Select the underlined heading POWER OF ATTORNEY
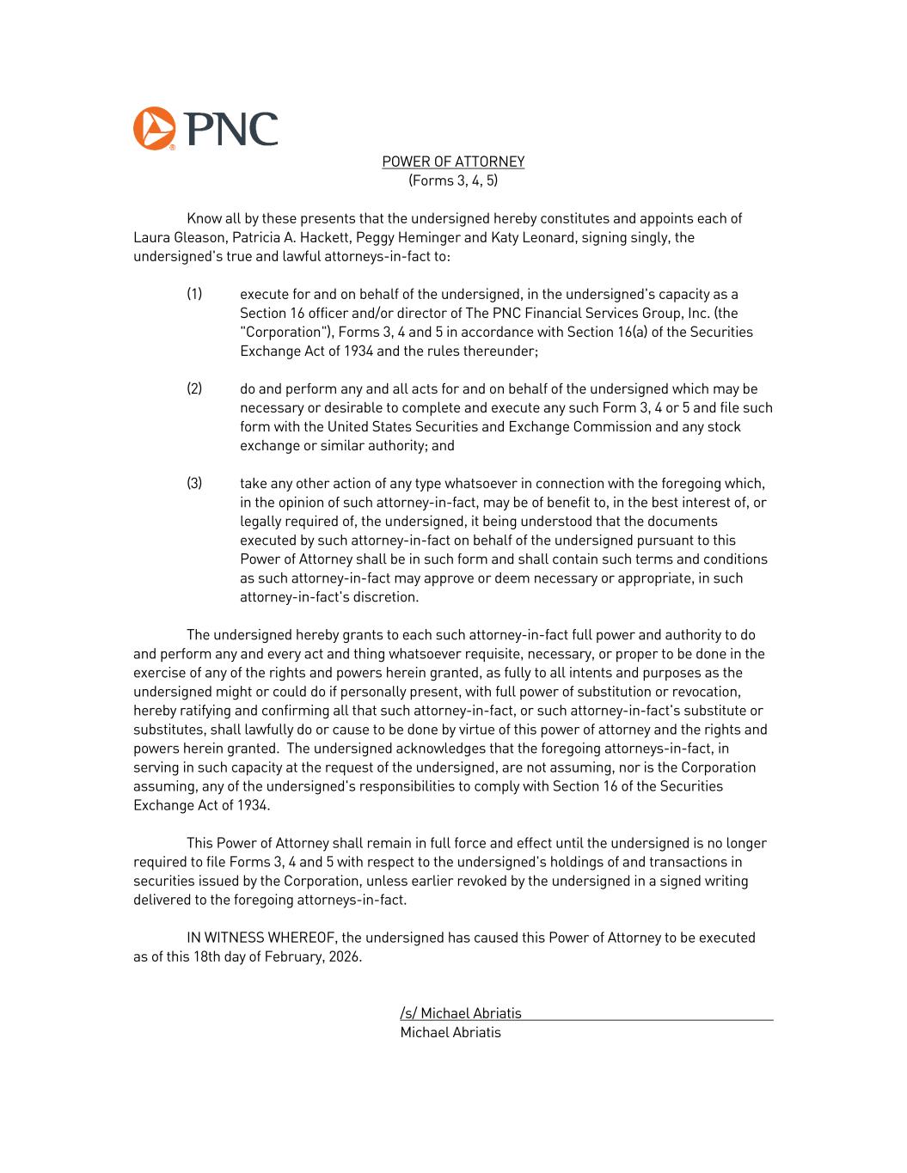453,162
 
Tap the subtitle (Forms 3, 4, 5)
453,180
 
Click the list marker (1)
194,294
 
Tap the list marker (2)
194,388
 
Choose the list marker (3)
194,483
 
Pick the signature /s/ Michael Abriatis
461,1013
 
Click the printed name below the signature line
450,1032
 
